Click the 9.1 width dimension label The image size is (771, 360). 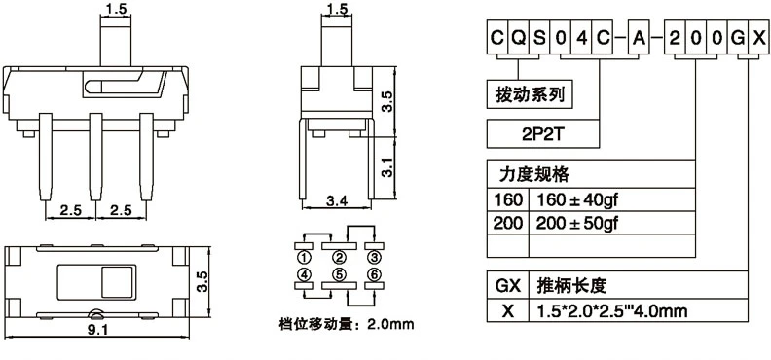tap(98, 330)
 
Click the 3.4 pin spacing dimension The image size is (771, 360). tap(336, 200)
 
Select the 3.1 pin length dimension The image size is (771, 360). tap(388, 167)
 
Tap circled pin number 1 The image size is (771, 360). tap(305, 258)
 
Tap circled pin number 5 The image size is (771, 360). tap(340, 274)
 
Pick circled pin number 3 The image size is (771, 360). tap(374, 258)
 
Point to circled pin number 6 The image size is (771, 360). tap(374, 274)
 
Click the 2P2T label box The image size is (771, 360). tap(543, 133)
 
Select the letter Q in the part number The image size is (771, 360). tap(518, 38)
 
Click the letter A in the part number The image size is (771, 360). tap(639, 38)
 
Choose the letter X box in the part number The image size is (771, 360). tap(758, 38)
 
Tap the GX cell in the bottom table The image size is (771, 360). tap(507, 285)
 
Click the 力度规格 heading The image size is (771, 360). tap(533, 174)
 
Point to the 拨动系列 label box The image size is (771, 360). tap(530, 93)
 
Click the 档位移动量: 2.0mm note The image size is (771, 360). tap(347, 325)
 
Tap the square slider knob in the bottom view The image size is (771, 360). tap(118, 282)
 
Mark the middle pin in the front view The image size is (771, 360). tap(95, 157)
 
